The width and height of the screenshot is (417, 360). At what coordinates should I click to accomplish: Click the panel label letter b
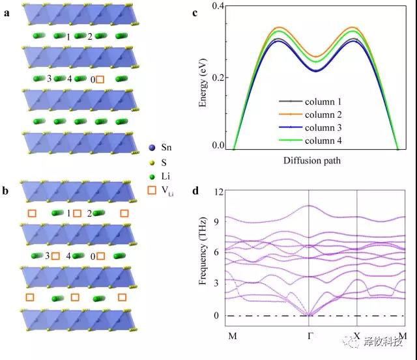(6, 191)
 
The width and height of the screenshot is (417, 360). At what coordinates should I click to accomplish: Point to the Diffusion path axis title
(315, 160)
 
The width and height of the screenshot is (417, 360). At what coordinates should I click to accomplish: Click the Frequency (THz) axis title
(203, 254)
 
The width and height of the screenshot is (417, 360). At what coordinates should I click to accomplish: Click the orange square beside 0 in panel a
(100, 79)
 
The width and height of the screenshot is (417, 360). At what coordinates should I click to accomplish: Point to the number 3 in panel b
(47, 256)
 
